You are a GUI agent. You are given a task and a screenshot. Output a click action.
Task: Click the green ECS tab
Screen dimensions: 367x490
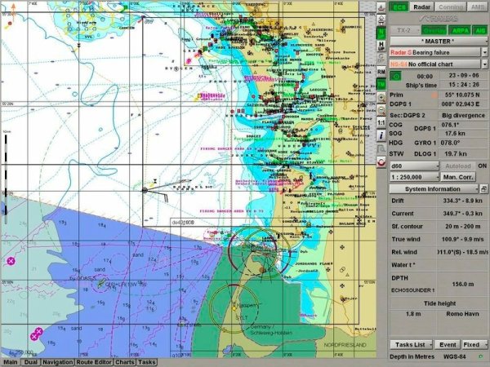pyautogui.click(x=399, y=7)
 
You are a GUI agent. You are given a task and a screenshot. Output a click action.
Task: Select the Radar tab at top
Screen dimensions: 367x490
pyautogui.click(x=422, y=7)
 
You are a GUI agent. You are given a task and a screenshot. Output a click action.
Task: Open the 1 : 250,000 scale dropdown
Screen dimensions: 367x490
pyautogui.click(x=412, y=176)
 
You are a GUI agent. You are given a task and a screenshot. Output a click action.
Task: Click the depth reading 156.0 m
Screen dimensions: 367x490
pyautogui.click(x=463, y=285)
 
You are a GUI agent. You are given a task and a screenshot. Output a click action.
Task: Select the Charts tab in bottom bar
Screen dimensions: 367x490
pyautogui.click(x=125, y=362)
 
